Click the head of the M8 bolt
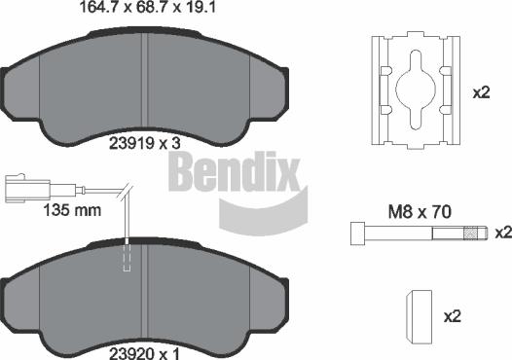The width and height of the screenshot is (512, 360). click(x=357, y=233)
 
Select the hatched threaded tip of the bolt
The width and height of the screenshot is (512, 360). click(x=475, y=233)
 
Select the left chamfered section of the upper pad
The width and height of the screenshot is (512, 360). click(x=29, y=92)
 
